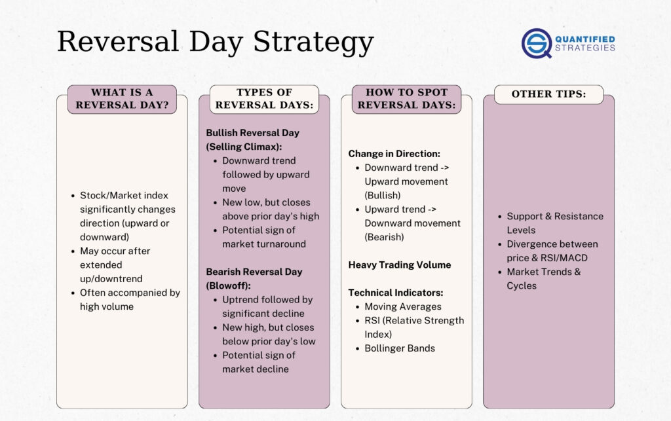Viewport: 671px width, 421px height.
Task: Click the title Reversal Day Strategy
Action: click(215, 42)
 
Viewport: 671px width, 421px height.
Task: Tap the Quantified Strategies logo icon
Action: click(537, 43)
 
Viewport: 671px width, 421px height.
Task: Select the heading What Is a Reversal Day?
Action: click(122, 99)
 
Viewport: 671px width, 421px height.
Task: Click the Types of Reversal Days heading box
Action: click(264, 99)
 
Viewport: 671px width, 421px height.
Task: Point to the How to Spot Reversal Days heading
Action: click(406, 99)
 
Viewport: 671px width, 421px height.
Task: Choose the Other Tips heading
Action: click(548, 94)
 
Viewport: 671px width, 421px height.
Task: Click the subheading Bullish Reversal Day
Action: click(252, 133)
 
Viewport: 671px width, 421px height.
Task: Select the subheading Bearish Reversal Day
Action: click(254, 272)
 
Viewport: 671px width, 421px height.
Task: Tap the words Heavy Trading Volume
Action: click(399, 265)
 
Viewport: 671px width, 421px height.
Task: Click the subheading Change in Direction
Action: click(394, 154)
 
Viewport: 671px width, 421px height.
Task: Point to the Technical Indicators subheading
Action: click(395, 293)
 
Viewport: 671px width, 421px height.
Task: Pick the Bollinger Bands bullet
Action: click(399, 348)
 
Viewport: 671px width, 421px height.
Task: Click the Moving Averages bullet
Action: click(402, 306)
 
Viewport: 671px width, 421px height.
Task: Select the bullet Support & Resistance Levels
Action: click(554, 223)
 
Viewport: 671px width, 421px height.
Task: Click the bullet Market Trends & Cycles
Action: click(543, 279)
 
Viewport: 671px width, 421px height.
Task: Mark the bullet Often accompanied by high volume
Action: click(129, 300)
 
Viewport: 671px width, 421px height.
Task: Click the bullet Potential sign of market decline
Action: click(258, 362)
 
